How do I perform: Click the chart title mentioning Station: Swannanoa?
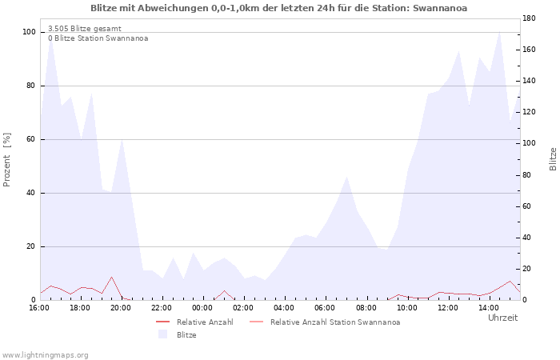point(278,8)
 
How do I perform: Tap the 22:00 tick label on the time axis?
point(162,308)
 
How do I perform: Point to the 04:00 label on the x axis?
point(284,308)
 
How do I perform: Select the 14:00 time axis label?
point(489,308)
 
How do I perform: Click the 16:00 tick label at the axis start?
point(39,308)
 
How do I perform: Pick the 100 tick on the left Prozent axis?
point(30,32)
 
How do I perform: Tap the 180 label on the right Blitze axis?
point(529,18)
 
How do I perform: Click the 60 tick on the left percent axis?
point(31,139)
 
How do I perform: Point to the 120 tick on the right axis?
point(529,112)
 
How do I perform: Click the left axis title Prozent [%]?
point(6,160)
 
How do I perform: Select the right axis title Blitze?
point(553,159)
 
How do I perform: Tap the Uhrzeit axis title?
point(503,318)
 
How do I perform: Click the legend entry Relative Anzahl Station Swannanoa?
point(335,322)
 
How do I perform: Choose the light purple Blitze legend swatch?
point(163,334)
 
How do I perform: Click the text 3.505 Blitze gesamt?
point(85,29)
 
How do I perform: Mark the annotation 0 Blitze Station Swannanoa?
point(98,38)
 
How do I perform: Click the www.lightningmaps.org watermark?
point(45,355)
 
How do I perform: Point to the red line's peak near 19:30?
point(111,277)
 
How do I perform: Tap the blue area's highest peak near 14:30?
point(500,32)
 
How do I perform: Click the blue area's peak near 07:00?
point(346,177)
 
